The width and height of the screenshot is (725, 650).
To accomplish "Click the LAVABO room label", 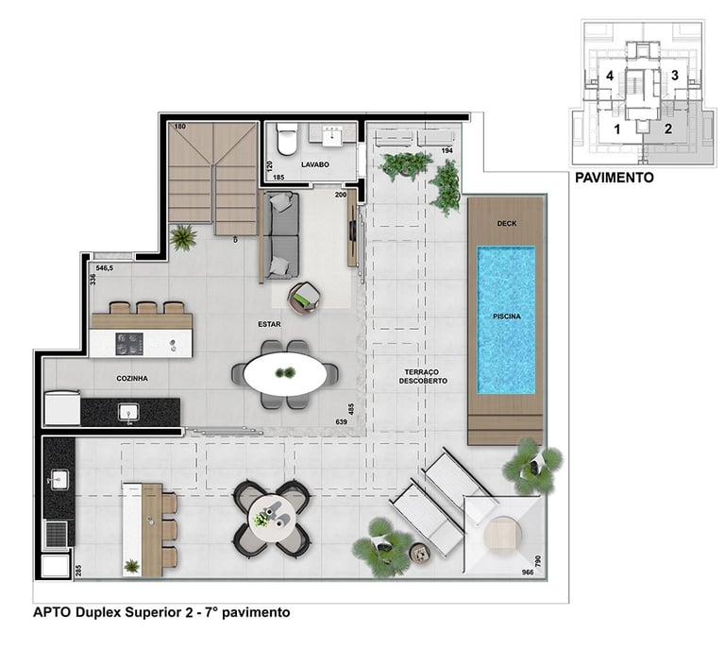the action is coord(315,164).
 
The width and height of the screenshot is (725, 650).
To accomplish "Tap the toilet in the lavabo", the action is coord(286,139).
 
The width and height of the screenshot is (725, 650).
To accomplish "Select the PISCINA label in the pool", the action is coord(507,316).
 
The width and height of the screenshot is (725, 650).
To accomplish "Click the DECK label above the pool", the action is coord(507,224).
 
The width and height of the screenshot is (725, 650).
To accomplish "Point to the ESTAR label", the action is coord(269,324).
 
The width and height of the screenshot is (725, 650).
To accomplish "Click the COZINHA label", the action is coord(132,379).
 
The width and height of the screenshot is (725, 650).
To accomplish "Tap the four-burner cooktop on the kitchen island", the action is coord(129,344).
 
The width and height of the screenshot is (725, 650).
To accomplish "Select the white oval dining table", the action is coord(285,373).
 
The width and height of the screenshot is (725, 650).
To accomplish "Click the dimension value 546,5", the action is coord(105,268).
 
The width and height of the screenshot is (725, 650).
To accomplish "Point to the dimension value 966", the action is coord(528,573).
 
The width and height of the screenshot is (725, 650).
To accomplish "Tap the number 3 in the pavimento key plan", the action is coord(675,75).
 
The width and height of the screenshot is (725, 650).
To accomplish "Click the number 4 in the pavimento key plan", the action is coord(610,76).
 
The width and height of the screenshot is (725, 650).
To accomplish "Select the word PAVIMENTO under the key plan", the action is coord(614,178).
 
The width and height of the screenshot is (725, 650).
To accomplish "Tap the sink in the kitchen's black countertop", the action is coord(128,412).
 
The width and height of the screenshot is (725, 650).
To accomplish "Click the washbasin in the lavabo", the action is coord(332,135).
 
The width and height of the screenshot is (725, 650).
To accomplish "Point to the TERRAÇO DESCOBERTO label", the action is coord(423,377).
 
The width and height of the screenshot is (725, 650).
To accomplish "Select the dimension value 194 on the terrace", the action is coord(447,151).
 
